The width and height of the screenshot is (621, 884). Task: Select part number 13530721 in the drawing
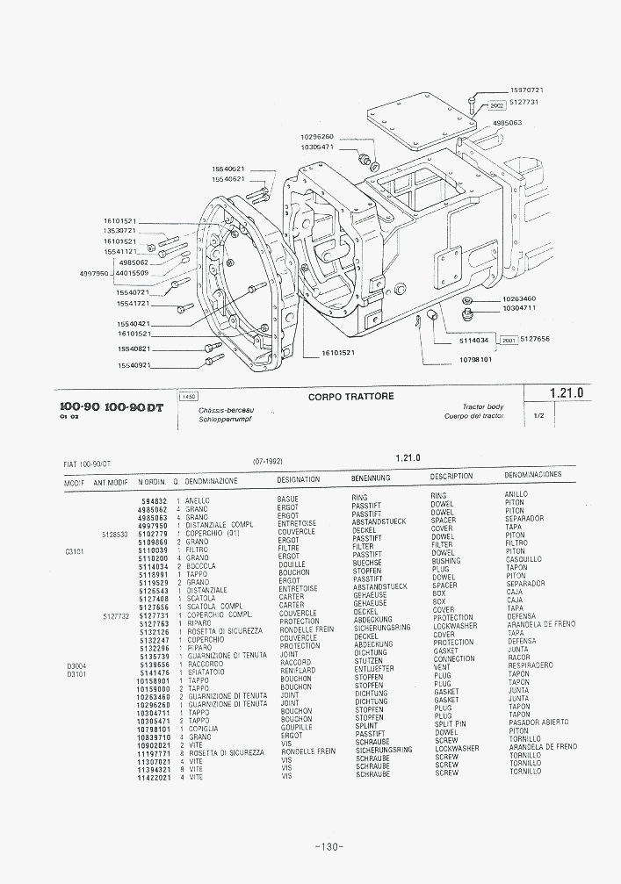[119, 231]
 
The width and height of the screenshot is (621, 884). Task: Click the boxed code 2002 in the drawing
[495, 104]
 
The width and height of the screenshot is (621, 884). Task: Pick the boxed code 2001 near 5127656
[507, 340]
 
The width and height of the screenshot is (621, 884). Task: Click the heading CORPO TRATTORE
[351, 397]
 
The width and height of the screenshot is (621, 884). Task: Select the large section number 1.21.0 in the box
[567, 393]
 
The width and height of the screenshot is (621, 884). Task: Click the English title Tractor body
[482, 407]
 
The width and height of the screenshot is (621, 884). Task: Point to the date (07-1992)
[267, 460]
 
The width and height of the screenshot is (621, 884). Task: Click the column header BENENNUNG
[371, 479]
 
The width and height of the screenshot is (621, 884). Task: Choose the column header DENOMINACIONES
[533, 475]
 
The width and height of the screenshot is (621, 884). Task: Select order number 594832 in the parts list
[154, 500]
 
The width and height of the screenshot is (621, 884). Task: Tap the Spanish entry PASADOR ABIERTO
[538, 722]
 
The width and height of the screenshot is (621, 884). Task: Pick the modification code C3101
[76, 550]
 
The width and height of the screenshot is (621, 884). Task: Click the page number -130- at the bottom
[327, 847]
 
